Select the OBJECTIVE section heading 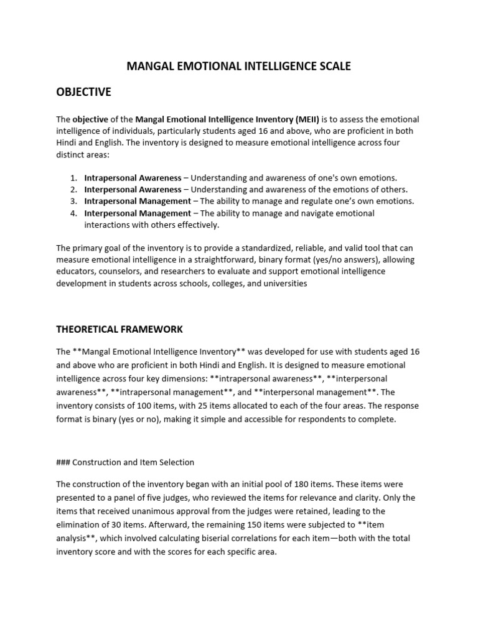point(83,91)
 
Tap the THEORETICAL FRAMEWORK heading point(119,328)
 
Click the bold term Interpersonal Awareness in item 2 point(133,189)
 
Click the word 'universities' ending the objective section point(284,283)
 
